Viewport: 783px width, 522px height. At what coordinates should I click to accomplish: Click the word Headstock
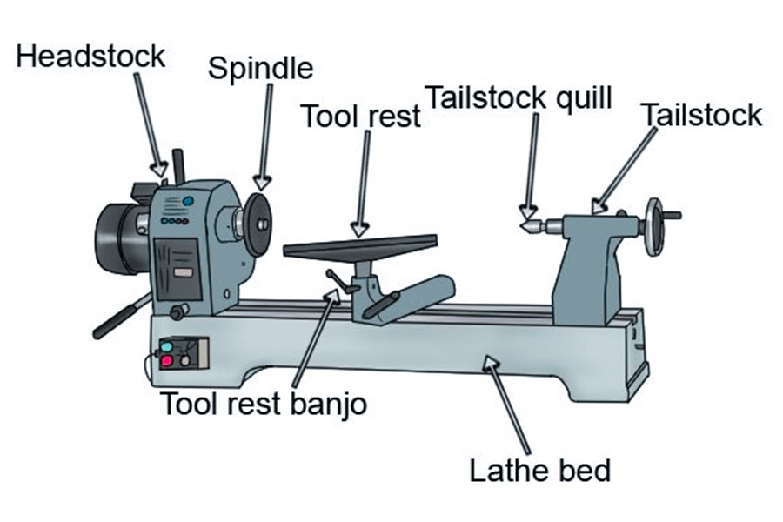click(90, 57)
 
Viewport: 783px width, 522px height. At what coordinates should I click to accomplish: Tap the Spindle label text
click(260, 69)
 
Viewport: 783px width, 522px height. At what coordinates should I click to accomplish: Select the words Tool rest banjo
click(264, 403)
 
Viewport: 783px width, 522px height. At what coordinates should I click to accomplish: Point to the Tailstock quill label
click(519, 97)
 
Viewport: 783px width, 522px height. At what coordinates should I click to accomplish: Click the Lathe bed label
click(540, 471)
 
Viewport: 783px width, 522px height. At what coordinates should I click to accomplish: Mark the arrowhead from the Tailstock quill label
click(525, 211)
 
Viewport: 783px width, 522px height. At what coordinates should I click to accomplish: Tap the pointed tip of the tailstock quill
click(525, 226)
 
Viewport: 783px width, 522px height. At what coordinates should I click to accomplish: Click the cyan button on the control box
click(166, 346)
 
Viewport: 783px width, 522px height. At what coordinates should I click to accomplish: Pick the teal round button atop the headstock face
click(188, 202)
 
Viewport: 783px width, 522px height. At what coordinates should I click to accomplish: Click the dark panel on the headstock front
click(180, 266)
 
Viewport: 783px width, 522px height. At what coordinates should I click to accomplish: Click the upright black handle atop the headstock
click(180, 165)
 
